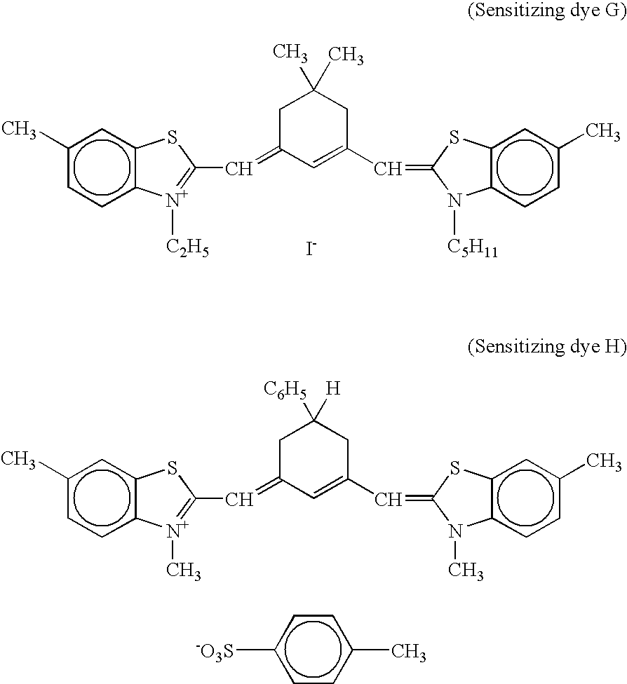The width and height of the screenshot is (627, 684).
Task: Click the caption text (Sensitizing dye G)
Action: pyautogui.click(x=546, y=13)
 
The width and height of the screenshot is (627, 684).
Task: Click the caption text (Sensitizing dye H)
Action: pyautogui.click(x=546, y=348)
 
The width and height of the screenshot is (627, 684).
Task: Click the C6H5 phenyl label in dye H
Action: pyautogui.click(x=285, y=390)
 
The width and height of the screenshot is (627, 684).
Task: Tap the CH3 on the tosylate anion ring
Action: pyautogui.click(x=408, y=652)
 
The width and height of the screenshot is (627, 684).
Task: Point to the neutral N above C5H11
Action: pyautogui.click(x=455, y=202)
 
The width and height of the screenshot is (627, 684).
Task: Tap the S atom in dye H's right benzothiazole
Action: pyautogui.click(x=454, y=467)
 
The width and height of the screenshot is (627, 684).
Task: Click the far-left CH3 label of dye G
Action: pyautogui.click(x=19, y=129)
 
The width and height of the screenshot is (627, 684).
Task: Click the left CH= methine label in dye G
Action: pyautogui.click(x=240, y=167)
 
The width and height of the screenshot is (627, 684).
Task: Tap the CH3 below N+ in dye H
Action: pyautogui.click(x=184, y=571)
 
